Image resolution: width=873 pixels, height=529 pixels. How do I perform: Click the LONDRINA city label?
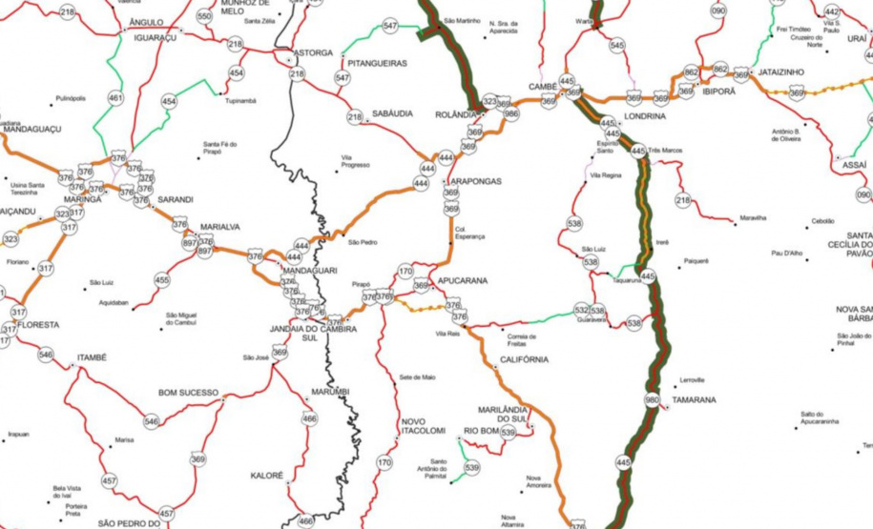point(644,115)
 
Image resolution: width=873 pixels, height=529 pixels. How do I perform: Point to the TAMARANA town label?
point(694,400)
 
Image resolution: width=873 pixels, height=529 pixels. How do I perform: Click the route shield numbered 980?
point(652,400)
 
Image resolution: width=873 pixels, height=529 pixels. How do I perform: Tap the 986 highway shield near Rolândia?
point(510,113)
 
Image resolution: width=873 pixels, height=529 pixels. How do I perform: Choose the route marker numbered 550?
point(204,16)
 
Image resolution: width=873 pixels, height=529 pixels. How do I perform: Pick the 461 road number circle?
point(115,97)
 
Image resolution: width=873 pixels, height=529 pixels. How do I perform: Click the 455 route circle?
point(162,280)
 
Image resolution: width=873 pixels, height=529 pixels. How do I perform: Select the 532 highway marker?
point(582,310)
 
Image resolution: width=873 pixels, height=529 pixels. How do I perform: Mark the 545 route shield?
point(617,45)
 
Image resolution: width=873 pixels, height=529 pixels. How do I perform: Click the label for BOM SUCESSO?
point(188,392)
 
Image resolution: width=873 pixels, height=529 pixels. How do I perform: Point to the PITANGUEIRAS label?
point(378,63)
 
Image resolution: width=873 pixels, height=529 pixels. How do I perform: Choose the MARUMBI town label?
point(330,392)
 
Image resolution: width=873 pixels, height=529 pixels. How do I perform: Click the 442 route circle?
point(832,11)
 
